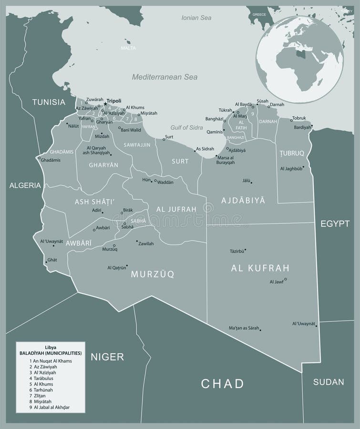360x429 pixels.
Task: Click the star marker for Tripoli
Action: pos(105,103)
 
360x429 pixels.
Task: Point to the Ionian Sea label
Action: pos(196,18)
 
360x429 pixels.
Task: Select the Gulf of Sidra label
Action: pos(187,128)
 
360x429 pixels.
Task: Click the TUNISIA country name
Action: pos(48,102)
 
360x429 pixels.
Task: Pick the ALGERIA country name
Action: pos(25,185)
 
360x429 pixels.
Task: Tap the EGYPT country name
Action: pos(335,224)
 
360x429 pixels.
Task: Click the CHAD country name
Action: pos(222,383)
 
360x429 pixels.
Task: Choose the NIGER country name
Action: pos(107,356)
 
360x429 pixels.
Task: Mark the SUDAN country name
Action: pos(329,382)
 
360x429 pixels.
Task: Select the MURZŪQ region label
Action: pos(152,274)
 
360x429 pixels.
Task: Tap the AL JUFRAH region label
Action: pos(176,209)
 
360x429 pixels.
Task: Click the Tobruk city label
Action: pos(298,118)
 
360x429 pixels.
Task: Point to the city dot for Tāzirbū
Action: pos(245,249)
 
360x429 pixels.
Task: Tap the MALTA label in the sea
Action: pos(128,48)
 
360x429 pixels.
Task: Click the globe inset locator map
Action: pos(299,60)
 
